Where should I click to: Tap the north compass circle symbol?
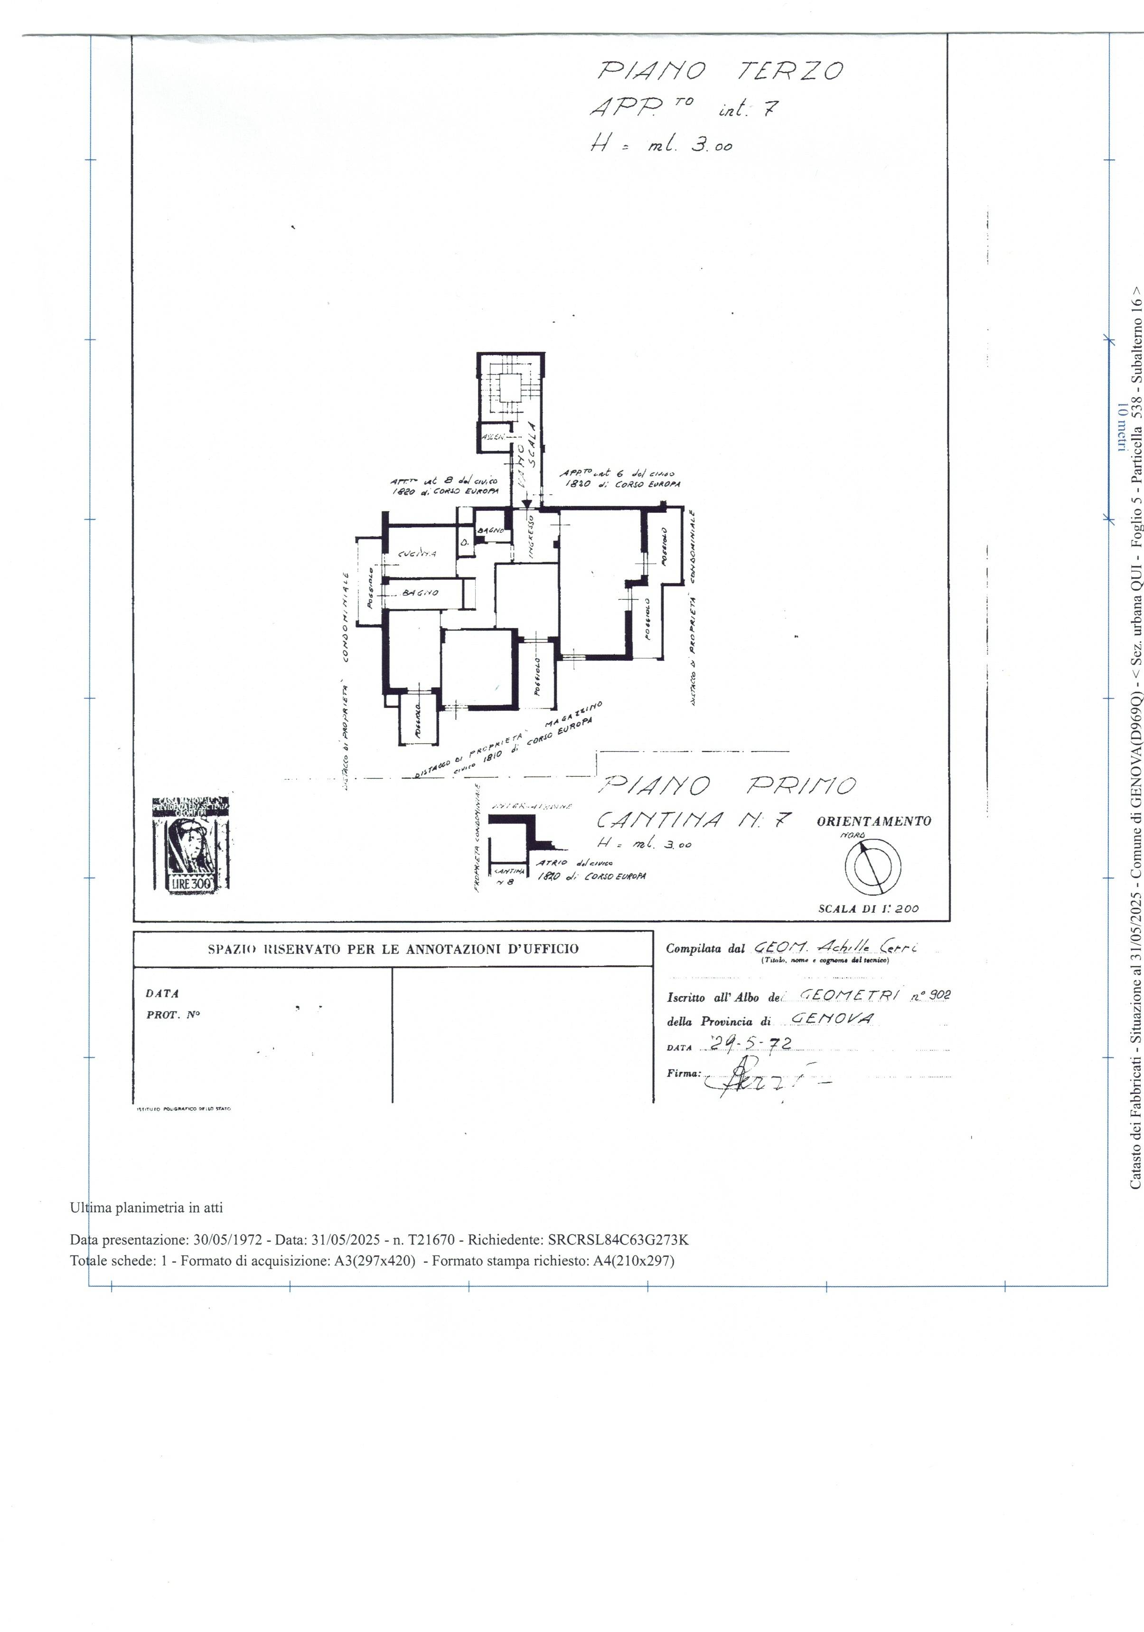coord(872,867)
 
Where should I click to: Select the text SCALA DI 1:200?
coord(868,908)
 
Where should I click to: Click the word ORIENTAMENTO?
coord(873,821)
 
